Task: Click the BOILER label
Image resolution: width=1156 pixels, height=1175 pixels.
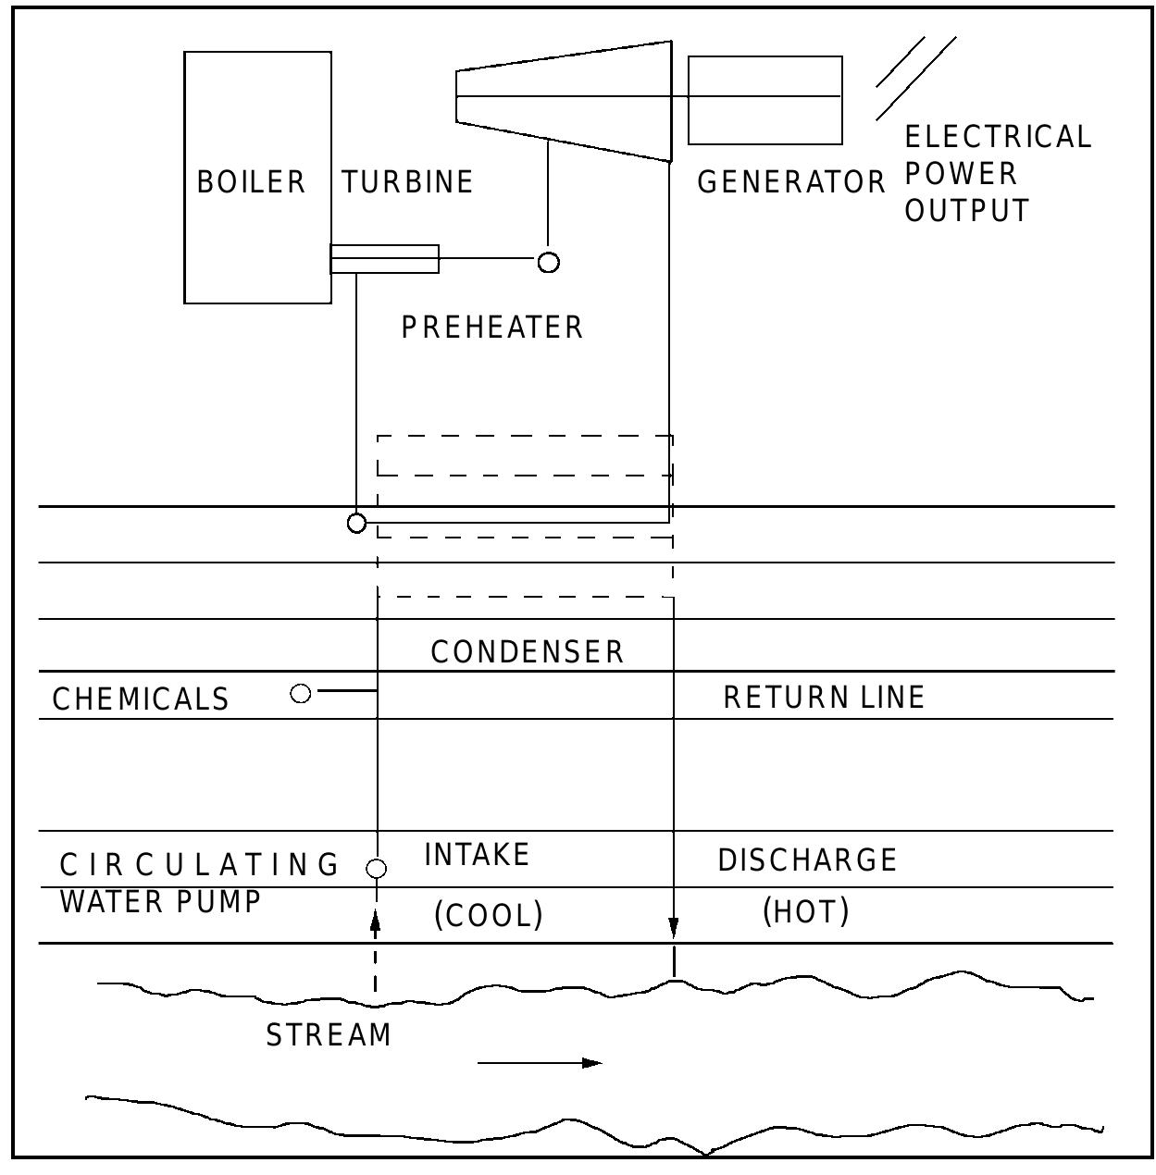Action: click(x=251, y=181)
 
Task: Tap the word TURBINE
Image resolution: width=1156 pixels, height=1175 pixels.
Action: click(x=407, y=181)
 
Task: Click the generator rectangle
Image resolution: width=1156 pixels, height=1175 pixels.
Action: click(x=764, y=100)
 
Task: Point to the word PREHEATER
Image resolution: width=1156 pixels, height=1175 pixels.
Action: click(x=491, y=328)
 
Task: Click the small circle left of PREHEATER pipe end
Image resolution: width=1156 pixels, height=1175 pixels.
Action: click(x=549, y=263)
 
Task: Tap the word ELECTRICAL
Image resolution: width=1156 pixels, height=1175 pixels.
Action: click(x=998, y=137)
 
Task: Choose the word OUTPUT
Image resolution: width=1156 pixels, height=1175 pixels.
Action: click(x=966, y=211)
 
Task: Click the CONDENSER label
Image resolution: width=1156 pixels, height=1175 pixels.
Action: click(x=528, y=651)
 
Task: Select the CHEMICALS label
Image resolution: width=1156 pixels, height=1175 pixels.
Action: click(x=141, y=699)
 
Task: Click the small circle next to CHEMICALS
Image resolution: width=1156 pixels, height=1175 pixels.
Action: click(x=301, y=693)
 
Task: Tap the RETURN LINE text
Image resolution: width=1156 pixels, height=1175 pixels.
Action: click(x=824, y=697)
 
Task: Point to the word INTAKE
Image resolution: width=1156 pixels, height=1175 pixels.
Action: click(x=477, y=854)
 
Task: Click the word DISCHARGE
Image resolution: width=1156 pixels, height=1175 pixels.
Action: click(x=807, y=860)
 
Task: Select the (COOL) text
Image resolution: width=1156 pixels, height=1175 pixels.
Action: click(x=489, y=915)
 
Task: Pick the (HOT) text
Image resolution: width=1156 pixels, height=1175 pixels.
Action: click(x=805, y=912)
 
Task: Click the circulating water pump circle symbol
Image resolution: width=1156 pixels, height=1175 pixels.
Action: click(x=376, y=869)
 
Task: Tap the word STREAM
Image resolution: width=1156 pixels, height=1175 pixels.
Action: click(x=329, y=1034)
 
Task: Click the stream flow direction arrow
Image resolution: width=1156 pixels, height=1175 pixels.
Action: click(x=540, y=1063)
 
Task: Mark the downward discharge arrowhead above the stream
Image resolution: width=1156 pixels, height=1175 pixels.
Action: click(x=674, y=929)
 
